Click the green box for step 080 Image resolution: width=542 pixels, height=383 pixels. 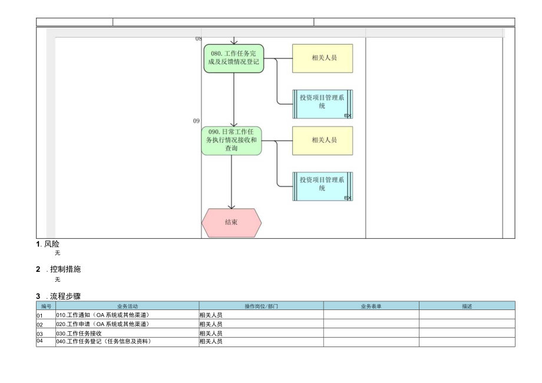234,58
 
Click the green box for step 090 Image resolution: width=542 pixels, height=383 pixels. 232,141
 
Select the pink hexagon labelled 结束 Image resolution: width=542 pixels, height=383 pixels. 232,223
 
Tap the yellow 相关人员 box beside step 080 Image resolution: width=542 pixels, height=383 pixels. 322,58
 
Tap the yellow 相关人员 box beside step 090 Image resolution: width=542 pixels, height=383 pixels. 322,141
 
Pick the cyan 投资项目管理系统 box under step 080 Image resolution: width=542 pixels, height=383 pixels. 322,104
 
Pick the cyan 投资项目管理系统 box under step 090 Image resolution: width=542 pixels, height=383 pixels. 322,186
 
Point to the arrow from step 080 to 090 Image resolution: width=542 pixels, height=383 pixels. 234,100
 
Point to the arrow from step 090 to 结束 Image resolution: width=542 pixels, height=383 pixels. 232,182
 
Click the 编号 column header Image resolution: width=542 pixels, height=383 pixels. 46,306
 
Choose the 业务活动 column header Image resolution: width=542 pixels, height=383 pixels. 127,306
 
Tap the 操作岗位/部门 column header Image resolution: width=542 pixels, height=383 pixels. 261,306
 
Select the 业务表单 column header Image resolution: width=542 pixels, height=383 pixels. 371,306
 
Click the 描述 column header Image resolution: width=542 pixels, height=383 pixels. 467,306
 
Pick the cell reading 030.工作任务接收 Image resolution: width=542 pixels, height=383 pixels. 80,333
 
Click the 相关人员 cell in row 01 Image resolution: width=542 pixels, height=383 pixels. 211,315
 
